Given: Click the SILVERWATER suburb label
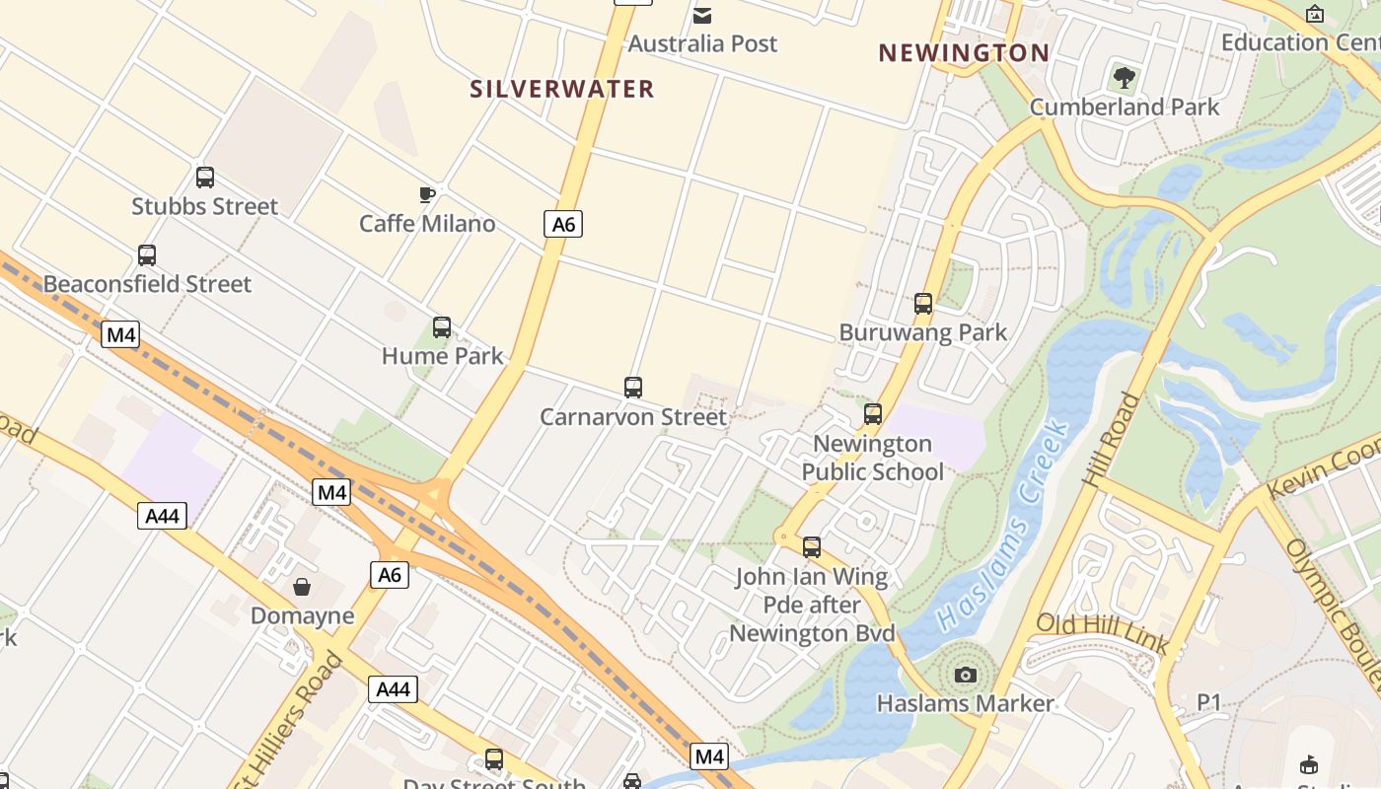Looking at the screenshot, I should tap(561, 89).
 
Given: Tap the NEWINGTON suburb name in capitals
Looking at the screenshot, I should tap(963, 53).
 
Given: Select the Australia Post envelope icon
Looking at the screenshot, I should tap(702, 15).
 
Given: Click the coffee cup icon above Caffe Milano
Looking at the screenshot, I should tap(426, 194).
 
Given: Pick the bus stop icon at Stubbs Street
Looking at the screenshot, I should tap(205, 178).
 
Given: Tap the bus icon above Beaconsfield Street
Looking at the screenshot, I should tap(147, 255).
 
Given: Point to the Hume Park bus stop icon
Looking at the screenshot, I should tap(442, 326).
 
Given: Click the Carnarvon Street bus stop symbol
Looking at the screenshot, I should tap(633, 388).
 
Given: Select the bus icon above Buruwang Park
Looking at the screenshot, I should tap(923, 304).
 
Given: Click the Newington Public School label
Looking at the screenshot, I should tap(872, 458).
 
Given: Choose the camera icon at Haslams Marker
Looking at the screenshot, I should tap(966, 675).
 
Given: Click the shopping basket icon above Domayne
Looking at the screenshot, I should tap(302, 587).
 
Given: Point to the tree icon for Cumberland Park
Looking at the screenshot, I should tap(1124, 77).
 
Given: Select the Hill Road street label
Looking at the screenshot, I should tap(1110, 439).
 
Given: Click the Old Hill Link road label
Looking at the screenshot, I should tap(1102, 632).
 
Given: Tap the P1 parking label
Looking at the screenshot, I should tap(1209, 701).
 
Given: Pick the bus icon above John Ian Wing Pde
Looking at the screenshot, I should tap(812, 546).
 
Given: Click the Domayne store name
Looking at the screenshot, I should tap(302, 616).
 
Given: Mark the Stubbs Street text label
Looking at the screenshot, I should tap(205, 206).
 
